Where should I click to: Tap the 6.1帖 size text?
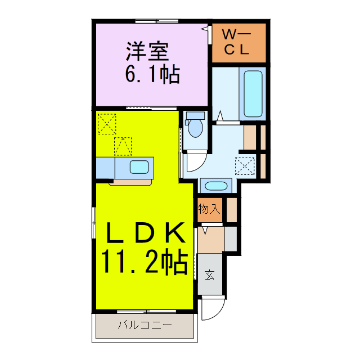pos(152,74)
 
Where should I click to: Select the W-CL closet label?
pos(237,42)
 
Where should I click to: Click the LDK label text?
pos(142,232)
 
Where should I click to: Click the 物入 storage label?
pos(209,209)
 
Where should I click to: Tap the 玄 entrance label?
pos(209,275)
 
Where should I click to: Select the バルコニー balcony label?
pos(145,325)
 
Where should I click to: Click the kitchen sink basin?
pos(139,166)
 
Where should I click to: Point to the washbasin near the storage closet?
pos(214,186)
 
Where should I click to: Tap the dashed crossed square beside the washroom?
pos(245,164)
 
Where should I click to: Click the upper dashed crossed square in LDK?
pos(106,123)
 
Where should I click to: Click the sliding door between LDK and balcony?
pos(145,311)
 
